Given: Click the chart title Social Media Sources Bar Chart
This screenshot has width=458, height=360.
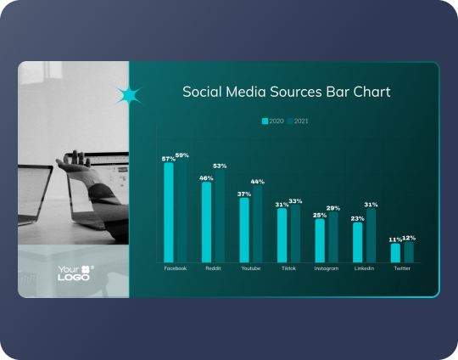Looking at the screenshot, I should [286, 92].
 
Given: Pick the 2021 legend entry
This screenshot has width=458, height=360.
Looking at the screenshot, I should [298, 121].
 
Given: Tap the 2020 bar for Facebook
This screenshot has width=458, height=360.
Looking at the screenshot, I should [169, 212].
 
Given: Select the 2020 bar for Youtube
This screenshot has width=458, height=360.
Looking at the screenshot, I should [244, 229].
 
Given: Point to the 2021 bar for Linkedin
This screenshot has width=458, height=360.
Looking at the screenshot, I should [371, 235].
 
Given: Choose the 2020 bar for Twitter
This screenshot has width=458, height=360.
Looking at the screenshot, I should [395, 252].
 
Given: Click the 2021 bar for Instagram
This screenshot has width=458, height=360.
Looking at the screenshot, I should [333, 237].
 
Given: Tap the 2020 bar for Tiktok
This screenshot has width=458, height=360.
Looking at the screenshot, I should [282, 235].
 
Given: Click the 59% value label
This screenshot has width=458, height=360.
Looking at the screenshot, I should [182, 155].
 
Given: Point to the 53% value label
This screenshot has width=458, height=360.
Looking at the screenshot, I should [220, 166].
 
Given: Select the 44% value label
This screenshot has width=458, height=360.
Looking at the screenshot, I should [257, 182].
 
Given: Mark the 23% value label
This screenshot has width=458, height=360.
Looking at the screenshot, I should [357, 218].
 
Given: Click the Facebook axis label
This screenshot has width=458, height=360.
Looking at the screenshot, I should [175, 268].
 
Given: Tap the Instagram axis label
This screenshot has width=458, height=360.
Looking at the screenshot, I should [327, 268].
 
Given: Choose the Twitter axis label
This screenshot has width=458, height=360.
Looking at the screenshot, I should [401, 268].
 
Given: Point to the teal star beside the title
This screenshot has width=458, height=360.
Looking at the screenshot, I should [129, 96].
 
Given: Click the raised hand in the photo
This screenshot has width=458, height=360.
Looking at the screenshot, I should [76, 163].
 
